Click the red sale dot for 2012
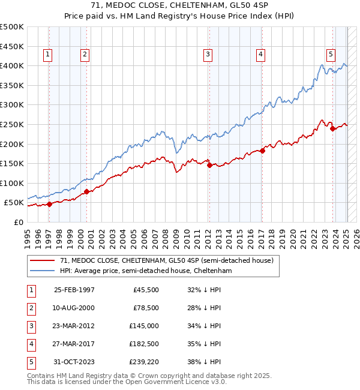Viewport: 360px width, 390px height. pos(209,166)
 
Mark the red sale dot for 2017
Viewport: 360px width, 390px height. pos(262,151)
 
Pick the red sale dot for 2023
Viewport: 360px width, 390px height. pos(332,128)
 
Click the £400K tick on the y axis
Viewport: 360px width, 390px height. pos(12,65)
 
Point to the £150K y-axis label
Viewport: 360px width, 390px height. pos(12,163)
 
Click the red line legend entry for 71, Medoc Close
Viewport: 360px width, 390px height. pos(167,260)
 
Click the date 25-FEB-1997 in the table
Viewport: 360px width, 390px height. pos(74,289)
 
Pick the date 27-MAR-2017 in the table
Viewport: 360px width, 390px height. pos(74,344)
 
